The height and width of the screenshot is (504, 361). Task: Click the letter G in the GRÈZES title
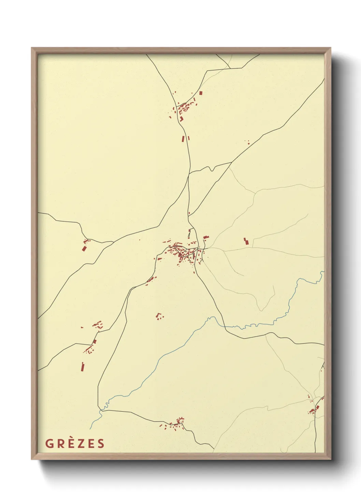click(49, 443)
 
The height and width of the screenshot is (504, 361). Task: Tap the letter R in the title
click(60, 443)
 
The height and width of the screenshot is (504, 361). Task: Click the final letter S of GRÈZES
click(101, 443)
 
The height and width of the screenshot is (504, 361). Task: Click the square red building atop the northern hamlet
click(201, 93)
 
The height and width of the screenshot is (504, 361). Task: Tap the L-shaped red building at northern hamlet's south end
click(182, 119)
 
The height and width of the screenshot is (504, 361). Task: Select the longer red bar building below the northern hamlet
click(183, 139)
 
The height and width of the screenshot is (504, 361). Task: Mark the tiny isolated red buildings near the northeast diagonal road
click(248, 142)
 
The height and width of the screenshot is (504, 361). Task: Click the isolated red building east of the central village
click(245, 241)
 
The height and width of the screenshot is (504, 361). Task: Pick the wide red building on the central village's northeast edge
click(205, 237)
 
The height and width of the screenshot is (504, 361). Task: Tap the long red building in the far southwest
click(82, 366)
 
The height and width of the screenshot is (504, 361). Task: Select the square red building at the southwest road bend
click(95, 341)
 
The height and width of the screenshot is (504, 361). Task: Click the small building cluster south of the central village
click(159, 316)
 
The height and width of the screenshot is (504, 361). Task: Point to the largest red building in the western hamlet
click(84, 248)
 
